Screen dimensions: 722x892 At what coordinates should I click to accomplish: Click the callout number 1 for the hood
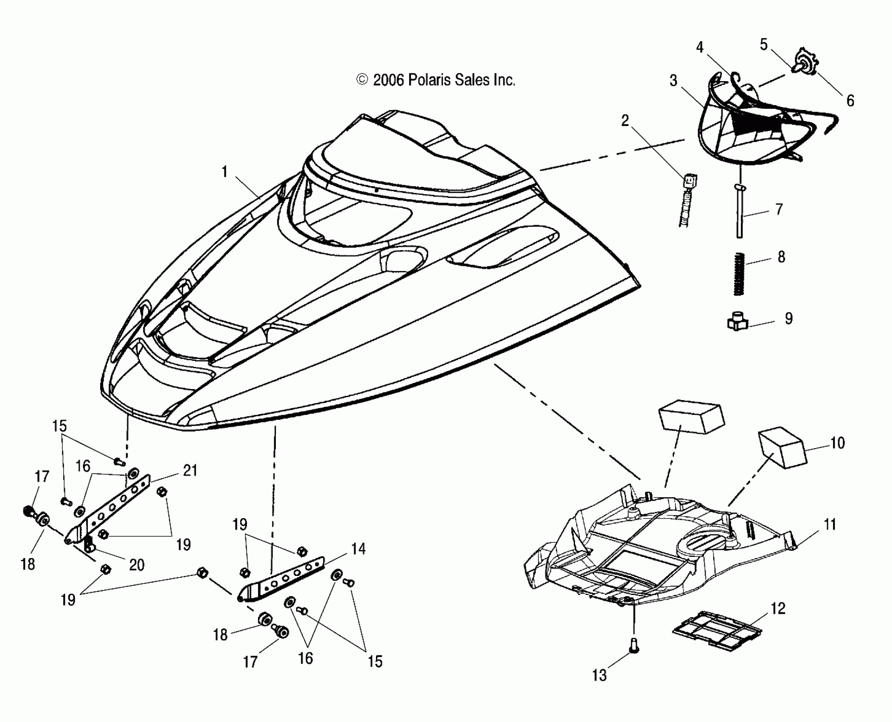pyautogui.click(x=224, y=172)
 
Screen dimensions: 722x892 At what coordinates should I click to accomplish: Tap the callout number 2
pyautogui.click(x=625, y=121)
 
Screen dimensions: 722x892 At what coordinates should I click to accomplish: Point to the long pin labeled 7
pyautogui.click(x=740, y=212)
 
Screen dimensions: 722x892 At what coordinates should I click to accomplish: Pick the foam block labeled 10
pyautogui.click(x=781, y=448)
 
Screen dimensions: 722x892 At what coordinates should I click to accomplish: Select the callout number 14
pyautogui.click(x=359, y=549)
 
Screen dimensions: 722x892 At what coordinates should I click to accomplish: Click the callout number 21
pyautogui.click(x=190, y=471)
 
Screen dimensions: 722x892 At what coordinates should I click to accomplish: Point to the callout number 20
pyautogui.click(x=136, y=565)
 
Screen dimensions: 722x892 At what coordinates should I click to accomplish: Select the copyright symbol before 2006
pyautogui.click(x=362, y=80)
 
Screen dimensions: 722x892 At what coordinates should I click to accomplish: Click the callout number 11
pyautogui.click(x=830, y=525)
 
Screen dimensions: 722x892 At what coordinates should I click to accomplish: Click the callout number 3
pyautogui.click(x=673, y=81)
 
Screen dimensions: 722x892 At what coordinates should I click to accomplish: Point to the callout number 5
pyautogui.click(x=764, y=45)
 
